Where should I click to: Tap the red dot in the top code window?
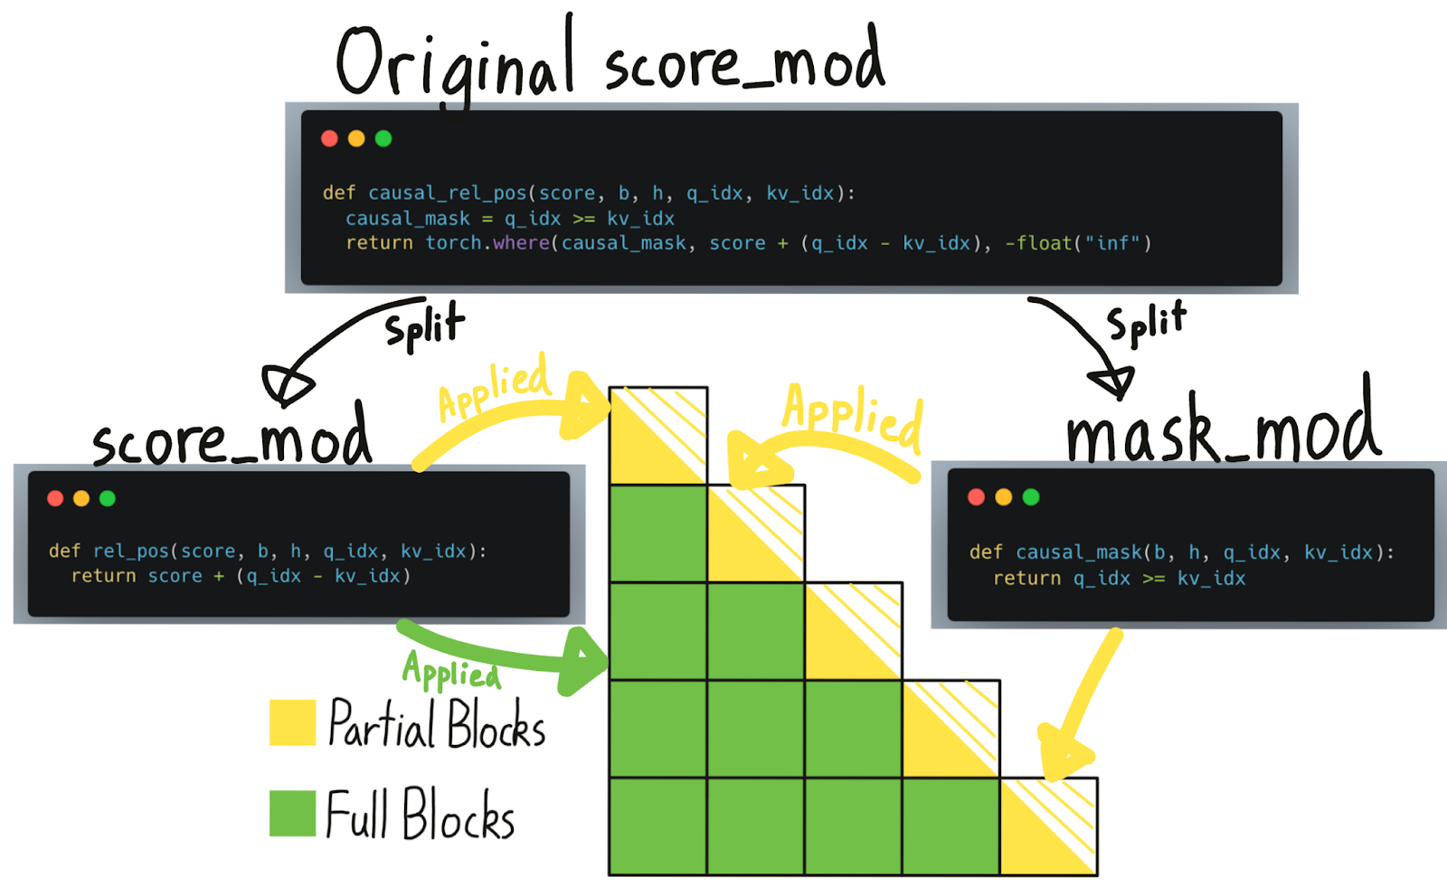(329, 138)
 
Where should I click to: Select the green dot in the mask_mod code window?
(1031, 496)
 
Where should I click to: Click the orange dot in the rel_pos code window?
(81, 498)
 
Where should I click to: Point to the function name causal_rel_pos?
(447, 193)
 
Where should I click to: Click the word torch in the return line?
(453, 243)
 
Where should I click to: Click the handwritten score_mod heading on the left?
(232, 439)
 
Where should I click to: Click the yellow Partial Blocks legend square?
(292, 722)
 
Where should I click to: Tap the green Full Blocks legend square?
(292, 813)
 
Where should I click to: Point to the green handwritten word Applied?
(450, 672)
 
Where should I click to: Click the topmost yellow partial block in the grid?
(657, 436)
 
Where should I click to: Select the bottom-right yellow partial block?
(1048, 826)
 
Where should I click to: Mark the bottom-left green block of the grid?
(657, 826)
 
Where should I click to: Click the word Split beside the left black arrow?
(424, 326)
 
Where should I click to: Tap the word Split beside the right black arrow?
(1146, 323)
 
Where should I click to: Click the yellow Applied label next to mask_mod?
(853, 416)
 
